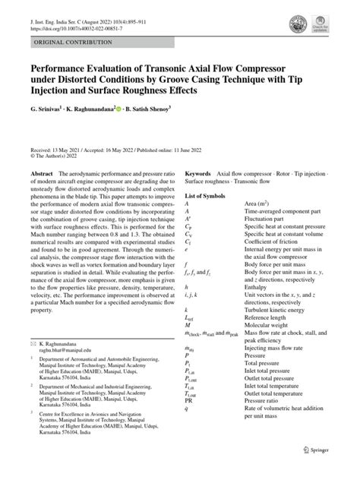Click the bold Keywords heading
pos(197,174)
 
